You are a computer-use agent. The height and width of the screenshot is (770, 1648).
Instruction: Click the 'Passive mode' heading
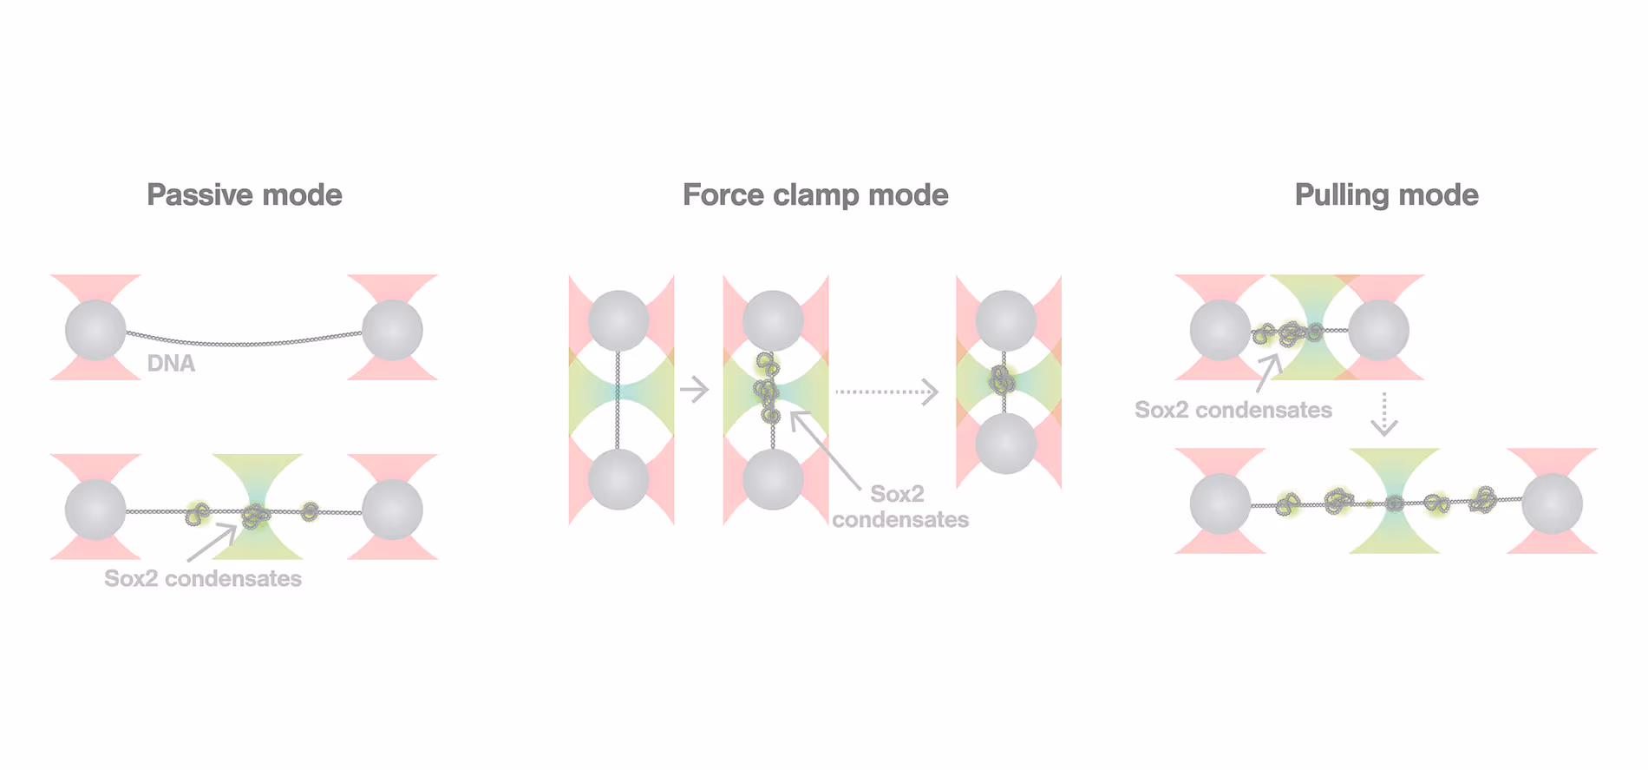pyautogui.click(x=244, y=195)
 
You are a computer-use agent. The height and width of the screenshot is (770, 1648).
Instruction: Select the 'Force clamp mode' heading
pyautogui.click(x=814, y=195)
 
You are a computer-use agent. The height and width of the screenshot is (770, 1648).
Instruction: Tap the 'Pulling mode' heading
pyautogui.click(x=1386, y=195)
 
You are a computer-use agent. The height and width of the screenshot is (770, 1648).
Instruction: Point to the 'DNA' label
pyautogui.click(x=171, y=364)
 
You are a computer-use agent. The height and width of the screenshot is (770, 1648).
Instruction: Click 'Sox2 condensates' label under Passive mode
pyautogui.click(x=203, y=579)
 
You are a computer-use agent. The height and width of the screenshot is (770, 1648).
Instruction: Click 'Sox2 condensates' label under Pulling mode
pyautogui.click(x=1233, y=410)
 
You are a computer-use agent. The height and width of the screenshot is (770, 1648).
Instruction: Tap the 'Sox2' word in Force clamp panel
pyautogui.click(x=897, y=494)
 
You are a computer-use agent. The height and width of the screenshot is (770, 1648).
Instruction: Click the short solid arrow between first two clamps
pyautogui.click(x=695, y=390)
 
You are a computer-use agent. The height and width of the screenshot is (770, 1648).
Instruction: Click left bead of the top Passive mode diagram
pyautogui.click(x=95, y=330)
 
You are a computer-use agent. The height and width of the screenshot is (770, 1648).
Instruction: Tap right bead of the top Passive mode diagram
pyautogui.click(x=392, y=330)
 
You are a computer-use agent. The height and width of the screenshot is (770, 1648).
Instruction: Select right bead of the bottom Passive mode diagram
pyautogui.click(x=392, y=510)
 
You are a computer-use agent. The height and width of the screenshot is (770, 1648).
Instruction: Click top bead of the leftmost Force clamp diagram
pyautogui.click(x=618, y=320)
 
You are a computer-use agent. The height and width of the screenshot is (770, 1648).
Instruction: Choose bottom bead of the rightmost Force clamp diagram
pyautogui.click(x=1005, y=443)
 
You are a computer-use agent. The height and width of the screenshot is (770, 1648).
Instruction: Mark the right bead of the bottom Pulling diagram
pyautogui.click(x=1552, y=503)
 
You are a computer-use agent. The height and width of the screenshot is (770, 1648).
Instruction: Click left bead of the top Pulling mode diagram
pyautogui.click(x=1220, y=330)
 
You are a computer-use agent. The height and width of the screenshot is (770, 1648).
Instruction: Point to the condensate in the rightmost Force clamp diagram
pyautogui.click(x=1004, y=379)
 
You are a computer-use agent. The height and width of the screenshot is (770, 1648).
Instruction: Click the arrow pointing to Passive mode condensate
pyautogui.click(x=212, y=543)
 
